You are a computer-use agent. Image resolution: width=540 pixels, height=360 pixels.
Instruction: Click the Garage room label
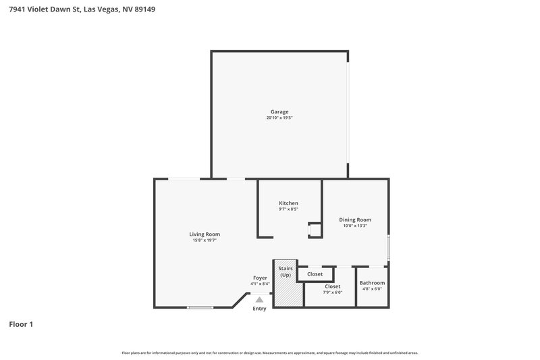(279, 111)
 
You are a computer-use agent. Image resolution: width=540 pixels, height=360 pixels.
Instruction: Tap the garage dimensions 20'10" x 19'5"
(279, 118)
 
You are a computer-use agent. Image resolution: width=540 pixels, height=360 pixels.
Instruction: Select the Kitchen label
(288, 203)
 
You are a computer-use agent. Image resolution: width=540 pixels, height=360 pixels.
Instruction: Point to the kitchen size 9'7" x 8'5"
(288, 209)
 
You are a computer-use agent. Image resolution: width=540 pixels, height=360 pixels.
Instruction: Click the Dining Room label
(354, 220)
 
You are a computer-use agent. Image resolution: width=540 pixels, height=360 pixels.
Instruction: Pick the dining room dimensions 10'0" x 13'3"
(354, 226)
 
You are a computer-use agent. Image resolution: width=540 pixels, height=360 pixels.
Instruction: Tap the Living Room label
(204, 234)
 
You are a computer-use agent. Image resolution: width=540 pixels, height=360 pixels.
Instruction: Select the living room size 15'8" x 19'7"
(204, 240)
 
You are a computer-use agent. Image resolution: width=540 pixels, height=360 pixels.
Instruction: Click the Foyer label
(260, 278)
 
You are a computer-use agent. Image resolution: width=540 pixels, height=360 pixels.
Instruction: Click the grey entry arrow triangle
(259, 299)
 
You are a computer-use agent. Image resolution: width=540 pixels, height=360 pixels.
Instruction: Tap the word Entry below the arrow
(259, 309)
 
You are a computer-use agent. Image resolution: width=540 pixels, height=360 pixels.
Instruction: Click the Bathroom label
(372, 282)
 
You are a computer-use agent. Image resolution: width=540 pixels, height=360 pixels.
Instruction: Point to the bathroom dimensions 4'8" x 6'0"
(372, 289)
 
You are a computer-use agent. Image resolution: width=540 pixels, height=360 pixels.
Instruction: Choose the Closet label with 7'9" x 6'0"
(332, 286)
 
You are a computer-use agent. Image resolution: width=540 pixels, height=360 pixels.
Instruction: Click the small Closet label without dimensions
(315, 274)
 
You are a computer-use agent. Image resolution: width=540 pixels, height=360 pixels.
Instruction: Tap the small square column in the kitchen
(315, 230)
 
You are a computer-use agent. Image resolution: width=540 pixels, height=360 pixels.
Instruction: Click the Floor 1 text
(20, 324)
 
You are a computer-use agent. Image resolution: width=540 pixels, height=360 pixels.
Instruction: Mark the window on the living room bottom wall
(200, 307)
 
